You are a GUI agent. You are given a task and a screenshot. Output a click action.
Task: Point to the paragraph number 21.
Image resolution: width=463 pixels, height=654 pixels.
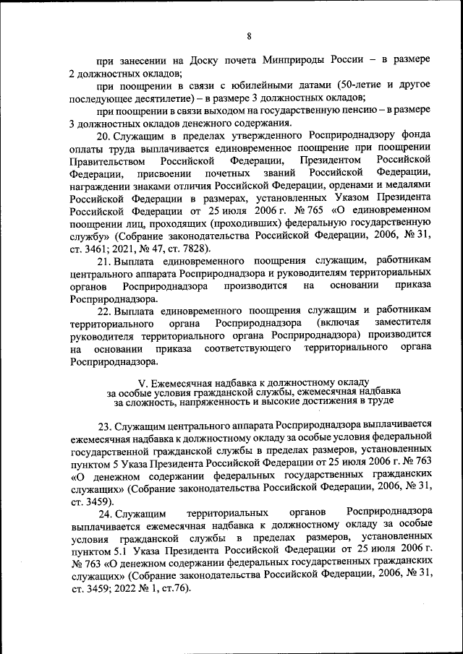click(x=103, y=260)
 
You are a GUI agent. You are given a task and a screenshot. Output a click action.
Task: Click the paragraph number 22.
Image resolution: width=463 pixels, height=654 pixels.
click(x=103, y=310)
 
